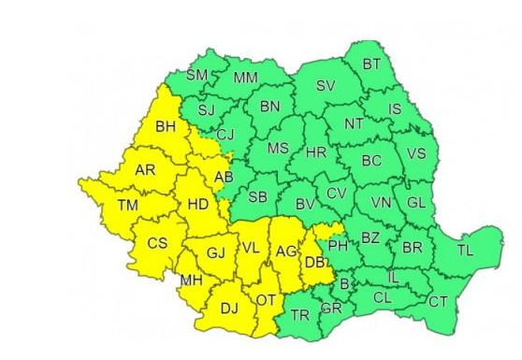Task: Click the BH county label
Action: pos(166,126)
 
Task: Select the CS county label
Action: pos(157,243)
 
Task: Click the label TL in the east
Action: pos(465,250)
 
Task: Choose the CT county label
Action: pos(438,300)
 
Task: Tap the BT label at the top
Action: pos(371,64)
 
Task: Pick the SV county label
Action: pos(325,85)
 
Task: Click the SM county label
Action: pos(196,75)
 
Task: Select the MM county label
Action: pos(246,78)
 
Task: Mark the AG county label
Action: pos(284,250)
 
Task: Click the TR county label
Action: pos(299,314)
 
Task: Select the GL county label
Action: pos(417,203)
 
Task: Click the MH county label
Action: pos(192,281)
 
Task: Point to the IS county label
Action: pos(395,109)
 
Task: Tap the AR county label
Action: pos(145,171)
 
